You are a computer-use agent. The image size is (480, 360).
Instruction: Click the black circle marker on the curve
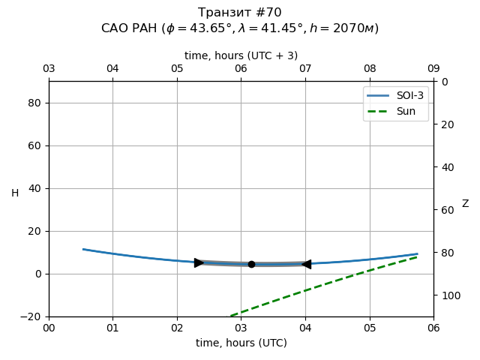pyautogui.click(x=251, y=264)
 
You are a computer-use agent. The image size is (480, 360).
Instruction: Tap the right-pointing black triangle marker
pyautogui.click(x=199, y=262)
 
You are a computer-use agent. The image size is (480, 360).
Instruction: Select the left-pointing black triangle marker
pyautogui.click(x=306, y=264)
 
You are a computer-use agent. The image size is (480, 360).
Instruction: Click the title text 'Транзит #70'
pyautogui.click(x=240, y=13)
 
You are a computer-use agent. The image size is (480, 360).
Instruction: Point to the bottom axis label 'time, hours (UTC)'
pyautogui.click(x=241, y=343)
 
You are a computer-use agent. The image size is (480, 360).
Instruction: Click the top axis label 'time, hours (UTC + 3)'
pyautogui.click(x=241, y=55)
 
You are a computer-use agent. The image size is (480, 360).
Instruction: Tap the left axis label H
pyautogui.click(x=15, y=193)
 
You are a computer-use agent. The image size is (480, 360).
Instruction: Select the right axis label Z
pyautogui.click(x=465, y=204)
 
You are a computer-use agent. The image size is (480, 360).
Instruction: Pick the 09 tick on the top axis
pyautogui.click(x=433, y=69)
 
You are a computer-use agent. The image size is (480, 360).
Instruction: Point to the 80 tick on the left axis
pyautogui.click(x=34, y=103)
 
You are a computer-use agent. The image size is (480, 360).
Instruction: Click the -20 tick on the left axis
pyautogui.click(x=31, y=316)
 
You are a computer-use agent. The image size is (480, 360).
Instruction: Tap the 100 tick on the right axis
pyautogui.click(x=448, y=295)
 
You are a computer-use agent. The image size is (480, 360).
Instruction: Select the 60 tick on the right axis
pyautogui.click(x=446, y=210)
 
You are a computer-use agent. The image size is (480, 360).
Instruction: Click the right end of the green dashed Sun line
pyautogui.click(x=417, y=256)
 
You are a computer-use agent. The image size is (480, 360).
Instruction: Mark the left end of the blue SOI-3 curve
pyautogui.click(x=83, y=249)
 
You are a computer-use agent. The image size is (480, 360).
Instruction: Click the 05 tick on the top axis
pyautogui.click(x=177, y=69)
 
